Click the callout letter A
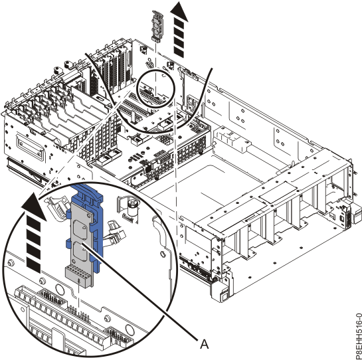(x=204, y=344)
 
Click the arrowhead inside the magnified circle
(x=33, y=207)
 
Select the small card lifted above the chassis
(x=157, y=26)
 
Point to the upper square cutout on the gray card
(x=80, y=229)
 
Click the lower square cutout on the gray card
(x=80, y=251)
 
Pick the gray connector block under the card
(x=78, y=276)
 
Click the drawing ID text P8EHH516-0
(x=359, y=336)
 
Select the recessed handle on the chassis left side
(x=30, y=146)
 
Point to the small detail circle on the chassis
(x=156, y=89)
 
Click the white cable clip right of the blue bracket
(x=116, y=233)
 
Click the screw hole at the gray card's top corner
(x=89, y=215)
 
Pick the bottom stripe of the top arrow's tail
(x=179, y=53)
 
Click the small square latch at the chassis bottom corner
(x=223, y=296)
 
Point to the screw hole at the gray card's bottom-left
(x=74, y=260)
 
